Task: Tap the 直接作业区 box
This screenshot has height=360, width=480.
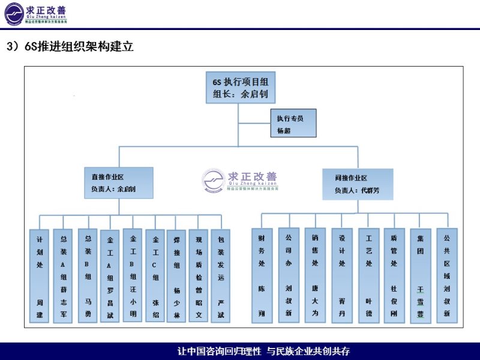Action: click(x=118, y=183)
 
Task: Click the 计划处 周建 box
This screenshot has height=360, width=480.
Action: click(x=40, y=276)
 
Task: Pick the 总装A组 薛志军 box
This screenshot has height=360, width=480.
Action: click(x=63, y=276)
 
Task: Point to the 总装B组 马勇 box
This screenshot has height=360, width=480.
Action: click(x=87, y=276)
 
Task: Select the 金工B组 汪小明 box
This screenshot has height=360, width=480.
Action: click(x=133, y=276)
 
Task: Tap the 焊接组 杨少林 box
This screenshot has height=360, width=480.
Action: click(x=176, y=276)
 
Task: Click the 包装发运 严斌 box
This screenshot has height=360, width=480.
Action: click(x=220, y=276)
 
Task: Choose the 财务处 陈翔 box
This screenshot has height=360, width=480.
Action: click(x=261, y=276)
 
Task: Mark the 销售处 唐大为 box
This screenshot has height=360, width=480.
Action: click(x=315, y=276)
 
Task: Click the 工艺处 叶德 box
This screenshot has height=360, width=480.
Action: click(x=368, y=276)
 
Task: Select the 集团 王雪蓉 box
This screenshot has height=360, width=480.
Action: click(x=420, y=276)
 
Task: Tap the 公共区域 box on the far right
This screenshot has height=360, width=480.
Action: click(x=446, y=276)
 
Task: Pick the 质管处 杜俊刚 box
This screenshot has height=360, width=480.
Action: click(x=394, y=276)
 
